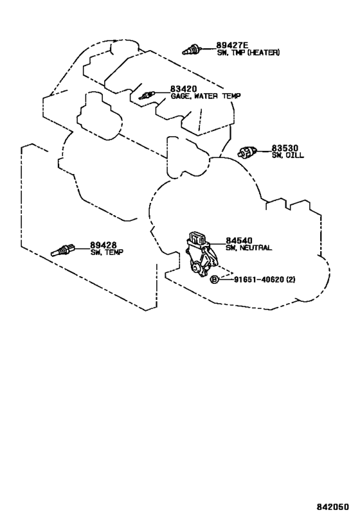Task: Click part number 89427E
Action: point(232,45)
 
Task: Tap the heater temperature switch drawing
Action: point(192,49)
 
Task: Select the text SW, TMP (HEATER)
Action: point(248,53)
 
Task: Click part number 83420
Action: point(183,89)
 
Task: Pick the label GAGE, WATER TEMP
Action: point(206,96)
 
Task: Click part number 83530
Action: point(285,148)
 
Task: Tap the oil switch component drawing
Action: point(248,153)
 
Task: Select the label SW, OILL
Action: point(288,155)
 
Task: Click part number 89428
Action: point(103,245)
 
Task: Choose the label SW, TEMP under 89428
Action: point(107,252)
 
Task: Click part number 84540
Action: point(239,241)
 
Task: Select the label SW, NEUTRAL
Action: point(249,248)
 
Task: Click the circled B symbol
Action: point(214,279)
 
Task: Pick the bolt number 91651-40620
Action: point(259,279)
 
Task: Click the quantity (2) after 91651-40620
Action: point(291,279)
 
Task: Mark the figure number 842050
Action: point(332,507)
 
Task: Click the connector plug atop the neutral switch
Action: point(197,238)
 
